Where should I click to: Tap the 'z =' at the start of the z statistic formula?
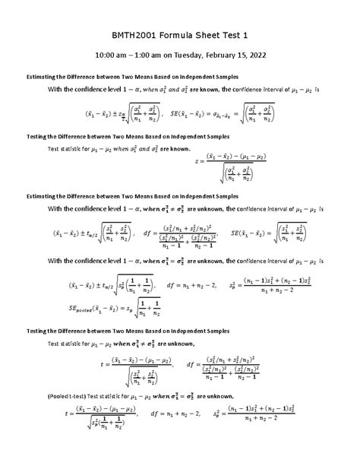click(199, 162)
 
